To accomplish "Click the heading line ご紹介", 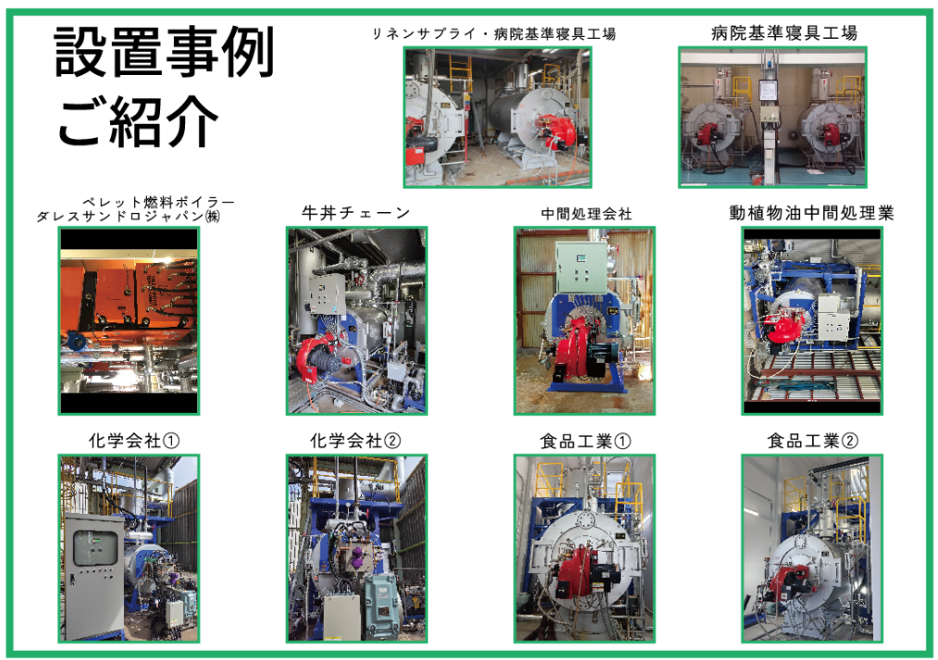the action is click(x=138, y=121).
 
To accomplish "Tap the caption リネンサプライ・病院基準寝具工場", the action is click(x=494, y=33).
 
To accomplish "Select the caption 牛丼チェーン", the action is click(x=356, y=212).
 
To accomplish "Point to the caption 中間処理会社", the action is click(x=586, y=214).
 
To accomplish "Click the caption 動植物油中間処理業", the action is click(x=811, y=212).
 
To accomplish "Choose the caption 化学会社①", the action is click(x=134, y=441).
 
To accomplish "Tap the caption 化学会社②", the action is click(x=355, y=441).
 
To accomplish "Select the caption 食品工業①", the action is click(x=585, y=442).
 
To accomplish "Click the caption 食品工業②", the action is click(x=812, y=441).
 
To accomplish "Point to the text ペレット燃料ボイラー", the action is click(x=158, y=202).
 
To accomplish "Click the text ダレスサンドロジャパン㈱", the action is click(x=128, y=216).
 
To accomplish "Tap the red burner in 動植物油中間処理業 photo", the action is click(x=784, y=327).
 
